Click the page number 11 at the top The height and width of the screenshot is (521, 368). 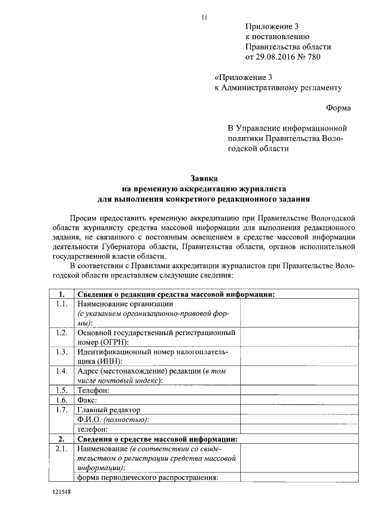[204, 17]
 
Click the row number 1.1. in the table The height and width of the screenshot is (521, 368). [62, 305]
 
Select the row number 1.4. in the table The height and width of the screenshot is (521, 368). [62, 371]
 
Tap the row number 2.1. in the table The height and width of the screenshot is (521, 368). [62, 448]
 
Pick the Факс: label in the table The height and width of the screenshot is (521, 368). [87, 400]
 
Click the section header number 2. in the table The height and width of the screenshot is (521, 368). [62, 439]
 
